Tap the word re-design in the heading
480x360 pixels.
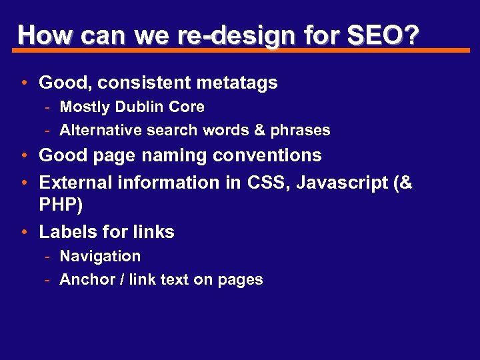pyautogui.click(x=237, y=35)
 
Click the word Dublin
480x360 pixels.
pyautogui.click(x=141, y=107)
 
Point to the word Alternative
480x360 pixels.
pyautogui.click(x=101, y=130)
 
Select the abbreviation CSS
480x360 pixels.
pyautogui.click(x=267, y=183)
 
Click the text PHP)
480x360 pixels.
pyautogui.click(x=61, y=205)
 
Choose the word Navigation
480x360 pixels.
pyautogui.click(x=100, y=256)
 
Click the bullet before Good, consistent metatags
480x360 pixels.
pyautogui.click(x=24, y=84)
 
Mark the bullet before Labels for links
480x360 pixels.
pyautogui.click(x=24, y=233)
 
